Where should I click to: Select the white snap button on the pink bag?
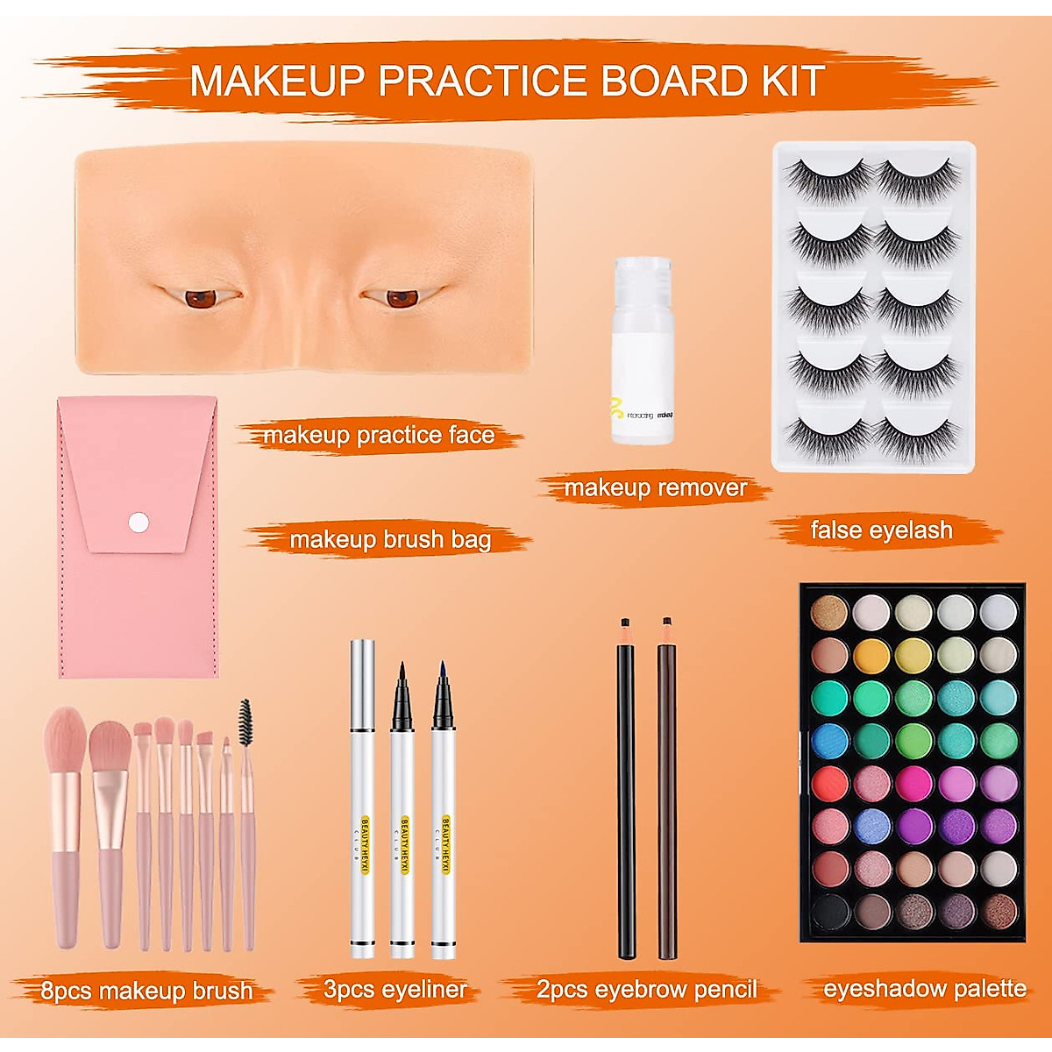[139, 522]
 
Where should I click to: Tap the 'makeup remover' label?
[655, 487]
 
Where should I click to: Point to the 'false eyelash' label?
[881, 530]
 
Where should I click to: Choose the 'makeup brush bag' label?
[390, 539]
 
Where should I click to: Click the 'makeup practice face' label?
[378, 435]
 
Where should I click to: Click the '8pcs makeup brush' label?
[146, 991]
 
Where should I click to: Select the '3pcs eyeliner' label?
[394, 991]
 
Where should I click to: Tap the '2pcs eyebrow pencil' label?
[646, 990]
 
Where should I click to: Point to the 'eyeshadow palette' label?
[925, 989]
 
